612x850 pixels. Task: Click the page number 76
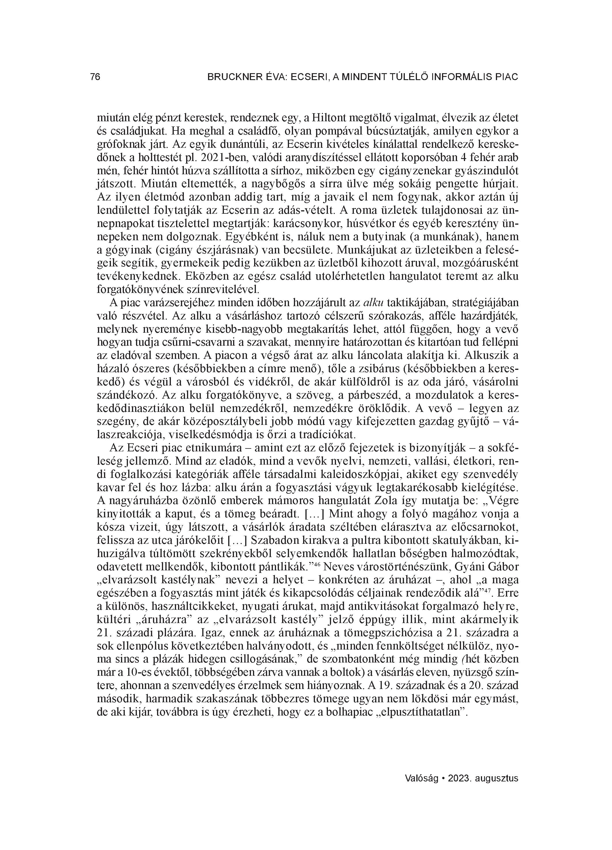coord(95,77)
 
